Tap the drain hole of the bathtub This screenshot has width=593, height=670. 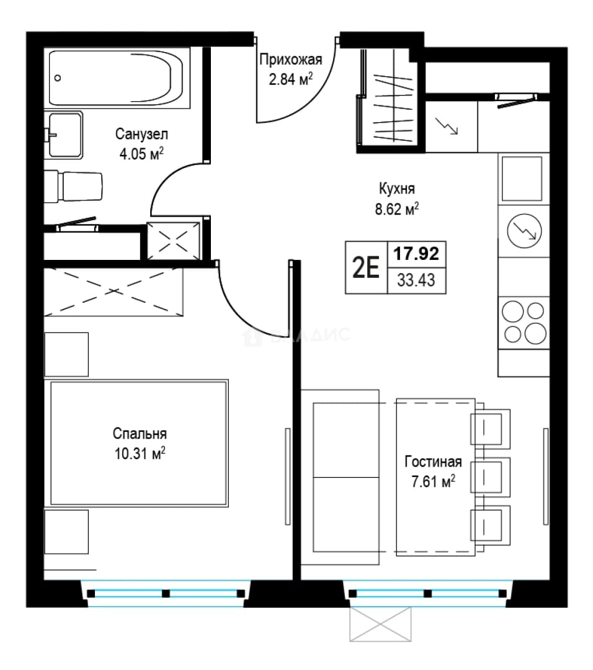(x=58, y=78)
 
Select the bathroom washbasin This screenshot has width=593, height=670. (x=64, y=135)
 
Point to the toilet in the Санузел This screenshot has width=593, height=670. (x=73, y=187)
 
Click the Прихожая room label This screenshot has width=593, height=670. (x=290, y=60)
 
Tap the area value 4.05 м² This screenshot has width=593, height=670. (x=141, y=153)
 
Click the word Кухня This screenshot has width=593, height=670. (x=396, y=189)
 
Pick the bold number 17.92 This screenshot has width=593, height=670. (x=416, y=254)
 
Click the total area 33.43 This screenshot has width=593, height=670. (x=416, y=280)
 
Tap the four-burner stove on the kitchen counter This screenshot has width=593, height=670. (x=524, y=323)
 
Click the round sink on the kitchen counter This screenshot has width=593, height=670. (x=524, y=231)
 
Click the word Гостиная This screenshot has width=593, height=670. (x=433, y=462)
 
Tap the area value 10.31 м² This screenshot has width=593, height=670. (x=140, y=453)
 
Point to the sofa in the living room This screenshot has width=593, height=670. (x=340, y=477)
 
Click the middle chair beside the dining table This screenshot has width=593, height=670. (x=491, y=477)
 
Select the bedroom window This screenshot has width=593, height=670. (x=166, y=593)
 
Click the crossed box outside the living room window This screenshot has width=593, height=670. (x=380, y=624)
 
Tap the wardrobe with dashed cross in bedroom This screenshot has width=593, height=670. (x=114, y=292)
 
